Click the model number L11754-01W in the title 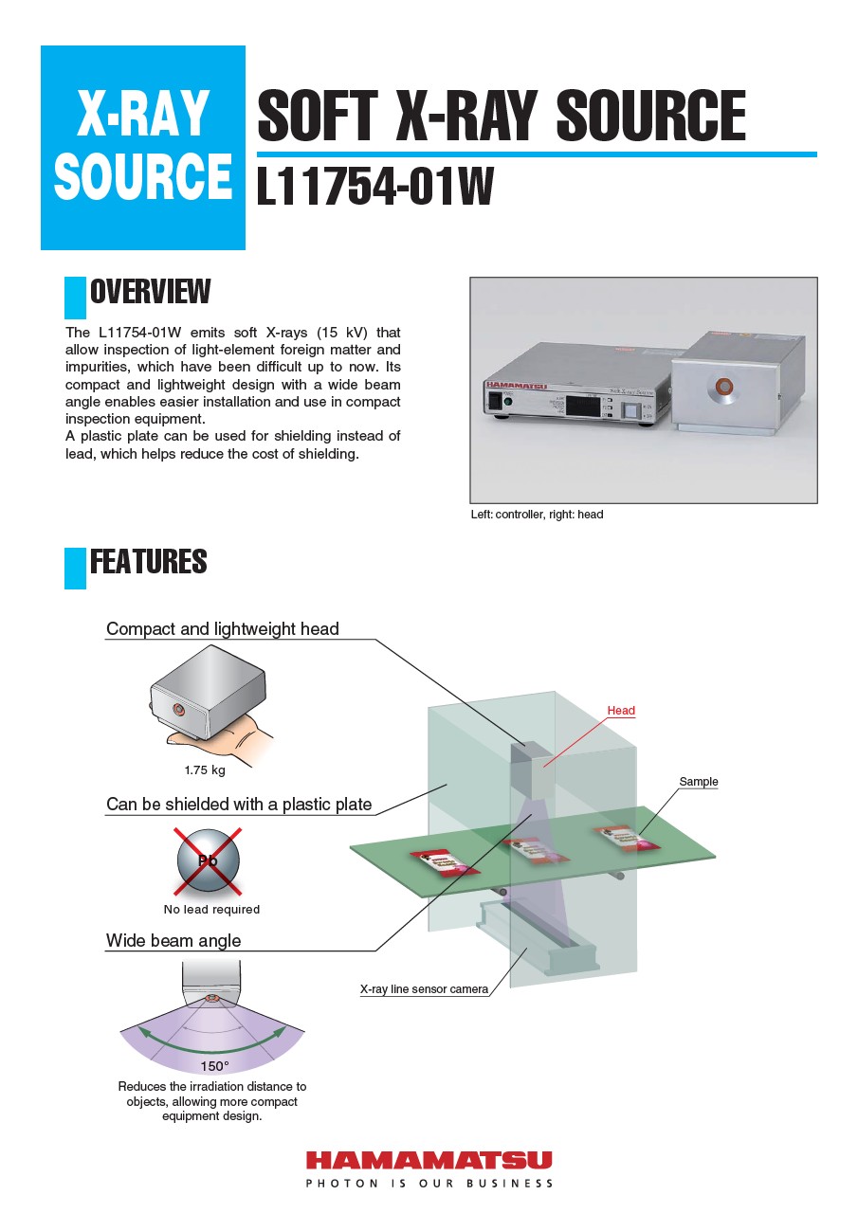375,187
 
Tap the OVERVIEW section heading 150,292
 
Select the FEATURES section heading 148,562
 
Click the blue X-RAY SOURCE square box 143,148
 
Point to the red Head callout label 621,711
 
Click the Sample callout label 699,782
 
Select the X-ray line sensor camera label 425,989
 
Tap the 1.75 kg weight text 205,769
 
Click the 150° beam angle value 214,1066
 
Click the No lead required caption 211,910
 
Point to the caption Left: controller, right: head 537,515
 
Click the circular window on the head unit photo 724,386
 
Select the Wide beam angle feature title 173,941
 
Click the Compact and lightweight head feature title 223,629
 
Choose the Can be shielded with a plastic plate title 239,805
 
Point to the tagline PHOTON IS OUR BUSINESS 429,1184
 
